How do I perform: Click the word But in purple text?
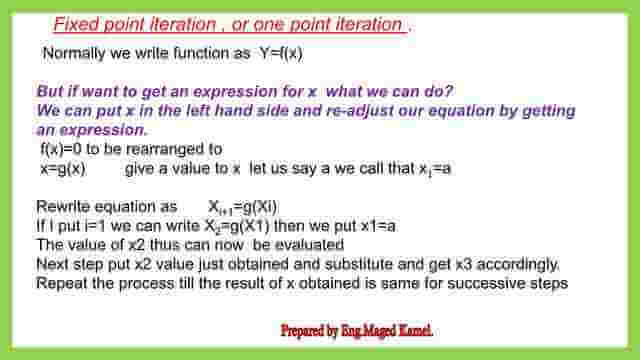51,91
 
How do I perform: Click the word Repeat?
60,283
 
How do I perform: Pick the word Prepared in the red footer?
309,329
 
